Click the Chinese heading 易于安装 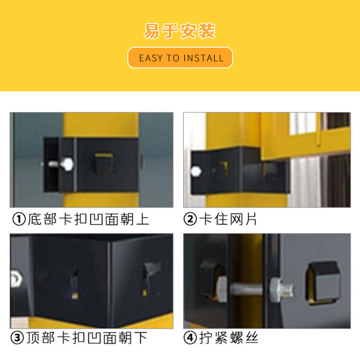pos(180,31)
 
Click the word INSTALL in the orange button pos(204,58)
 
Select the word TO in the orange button pos(173,58)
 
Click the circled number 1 pos(19,219)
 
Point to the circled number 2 pos(190,219)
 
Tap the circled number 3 pos(17,338)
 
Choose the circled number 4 pos(190,338)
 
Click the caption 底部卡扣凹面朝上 pos(88,219)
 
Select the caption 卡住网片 pos(228,219)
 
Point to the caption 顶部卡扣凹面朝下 pos(86,338)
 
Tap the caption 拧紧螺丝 pos(229,338)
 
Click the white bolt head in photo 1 pos(67,164)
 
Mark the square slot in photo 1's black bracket pos(103,163)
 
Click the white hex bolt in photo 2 pos(196,171)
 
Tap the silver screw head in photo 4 pos(278,290)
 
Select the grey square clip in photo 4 pos(323,283)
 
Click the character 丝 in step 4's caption pos(252,338)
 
